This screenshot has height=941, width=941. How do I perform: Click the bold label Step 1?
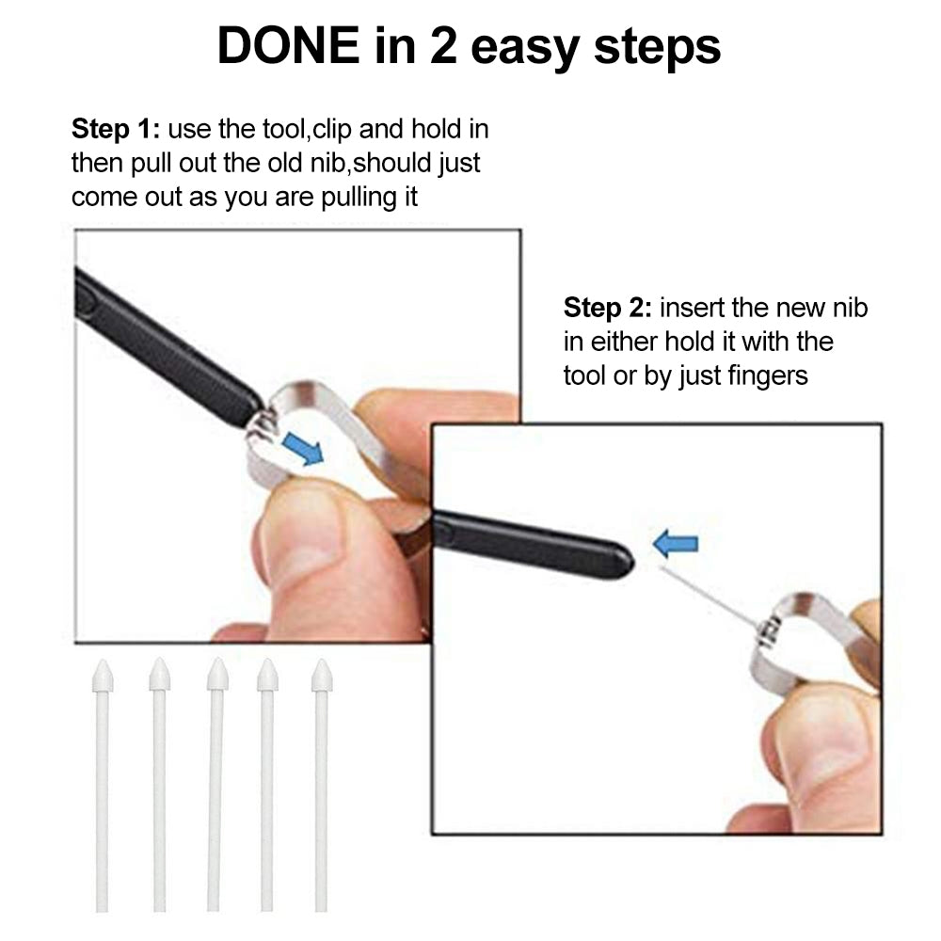[x=115, y=129]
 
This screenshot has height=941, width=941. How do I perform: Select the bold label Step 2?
[x=607, y=308]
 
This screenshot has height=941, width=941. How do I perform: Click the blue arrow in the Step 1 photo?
[x=302, y=449]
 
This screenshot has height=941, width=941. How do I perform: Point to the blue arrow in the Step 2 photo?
[x=676, y=543]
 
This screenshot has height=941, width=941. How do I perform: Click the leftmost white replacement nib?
[x=102, y=781]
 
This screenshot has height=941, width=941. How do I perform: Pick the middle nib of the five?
[x=217, y=781]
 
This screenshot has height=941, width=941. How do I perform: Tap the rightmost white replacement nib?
[x=322, y=781]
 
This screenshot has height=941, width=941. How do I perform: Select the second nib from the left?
[x=159, y=781]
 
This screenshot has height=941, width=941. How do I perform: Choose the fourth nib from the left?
[x=267, y=781]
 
